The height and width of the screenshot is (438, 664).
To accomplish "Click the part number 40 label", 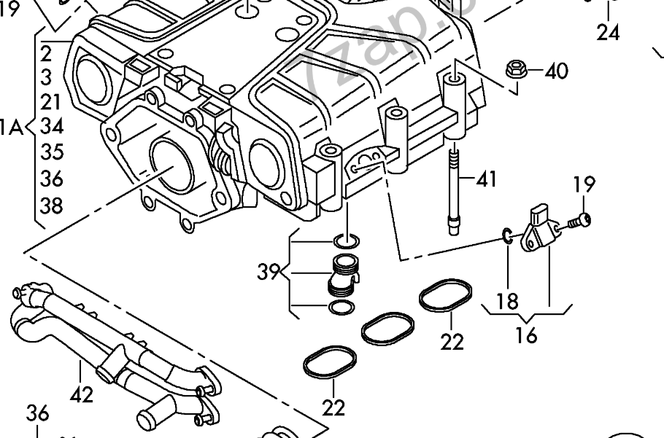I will point(556,71).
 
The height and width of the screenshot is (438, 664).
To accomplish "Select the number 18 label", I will point(506,300).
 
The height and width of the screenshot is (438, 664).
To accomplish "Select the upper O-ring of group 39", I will point(344,240).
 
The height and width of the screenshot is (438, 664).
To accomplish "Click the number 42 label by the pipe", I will point(82,394).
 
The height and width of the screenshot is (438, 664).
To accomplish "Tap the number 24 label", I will point(608,32).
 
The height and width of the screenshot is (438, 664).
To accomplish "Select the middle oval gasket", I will point(388,329).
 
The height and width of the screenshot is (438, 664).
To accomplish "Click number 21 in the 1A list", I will point(52,102).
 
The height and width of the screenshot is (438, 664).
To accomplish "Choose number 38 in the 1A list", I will point(52,206).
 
